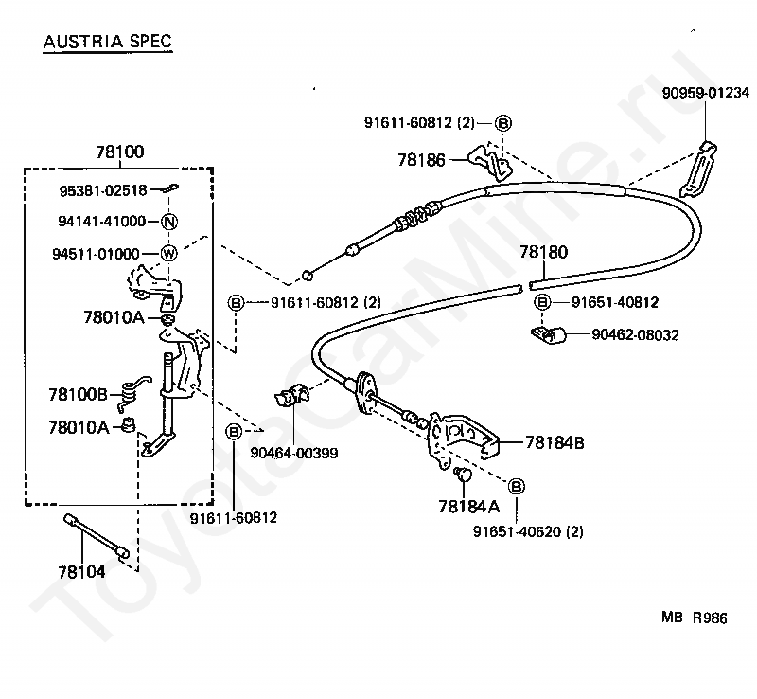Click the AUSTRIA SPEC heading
(108, 41)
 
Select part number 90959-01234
(705, 92)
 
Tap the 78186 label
(421, 160)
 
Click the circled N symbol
(169, 222)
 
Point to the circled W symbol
(168, 253)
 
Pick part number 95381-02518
(103, 190)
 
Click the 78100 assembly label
(120, 152)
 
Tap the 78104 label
(81, 572)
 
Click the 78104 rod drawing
(97, 536)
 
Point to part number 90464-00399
(294, 454)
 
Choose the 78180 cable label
(543, 252)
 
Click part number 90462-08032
(635, 335)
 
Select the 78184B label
(555, 442)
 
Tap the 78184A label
(468, 507)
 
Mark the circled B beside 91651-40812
(542, 302)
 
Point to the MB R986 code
(695, 618)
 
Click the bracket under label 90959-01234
(698, 170)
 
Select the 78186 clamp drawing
(489, 161)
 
